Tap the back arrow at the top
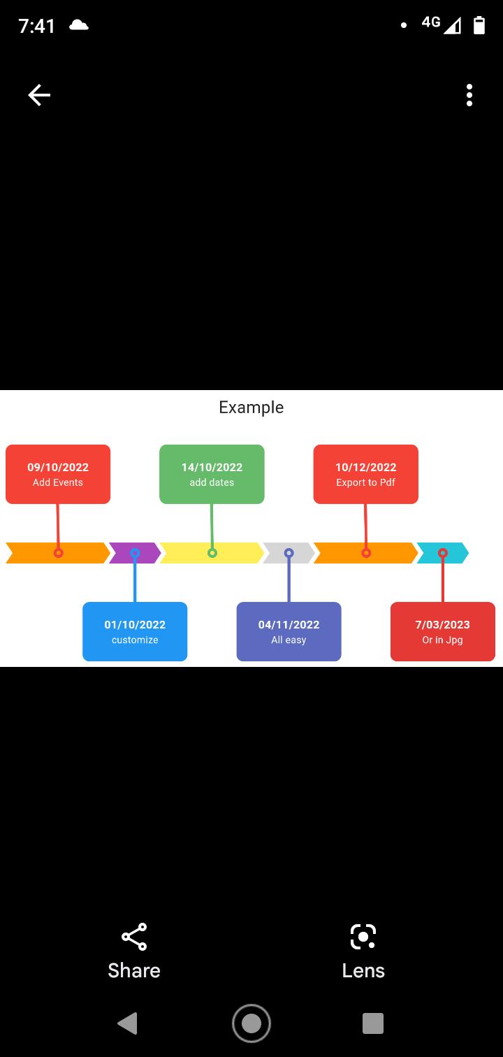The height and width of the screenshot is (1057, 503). click(x=39, y=95)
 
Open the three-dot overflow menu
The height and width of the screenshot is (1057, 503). click(x=469, y=95)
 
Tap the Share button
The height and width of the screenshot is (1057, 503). click(x=134, y=951)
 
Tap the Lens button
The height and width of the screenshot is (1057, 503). click(x=363, y=951)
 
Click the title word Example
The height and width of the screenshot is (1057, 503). click(x=251, y=408)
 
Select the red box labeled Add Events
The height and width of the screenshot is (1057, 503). click(x=58, y=474)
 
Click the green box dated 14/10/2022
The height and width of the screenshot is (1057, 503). click(x=212, y=474)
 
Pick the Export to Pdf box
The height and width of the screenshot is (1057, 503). click(x=366, y=474)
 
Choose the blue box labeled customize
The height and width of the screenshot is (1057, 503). click(x=135, y=631)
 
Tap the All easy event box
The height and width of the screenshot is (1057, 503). click(x=289, y=631)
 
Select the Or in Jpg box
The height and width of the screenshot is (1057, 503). click(x=443, y=631)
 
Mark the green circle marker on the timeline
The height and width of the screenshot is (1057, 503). click(x=212, y=553)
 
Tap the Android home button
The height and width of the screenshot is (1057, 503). click(x=251, y=1023)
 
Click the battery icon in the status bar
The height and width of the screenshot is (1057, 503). click(x=479, y=25)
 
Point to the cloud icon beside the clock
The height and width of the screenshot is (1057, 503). click(x=79, y=25)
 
